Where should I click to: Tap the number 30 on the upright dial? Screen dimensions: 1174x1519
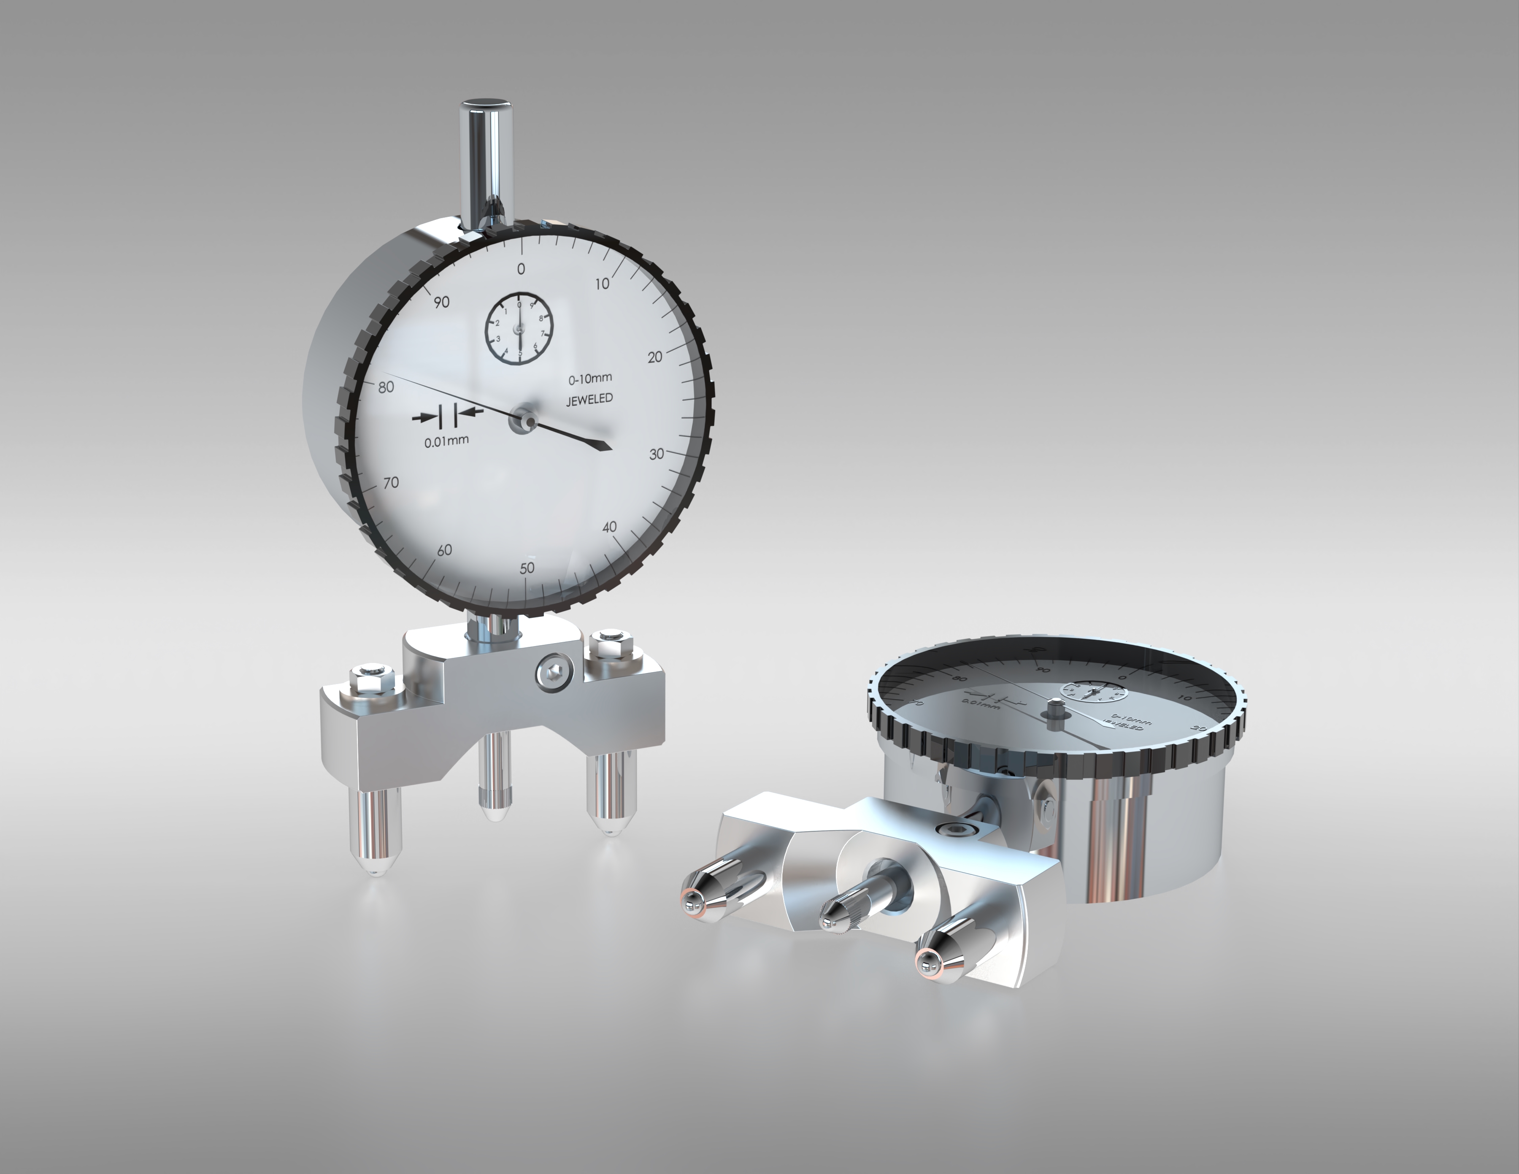tap(656, 454)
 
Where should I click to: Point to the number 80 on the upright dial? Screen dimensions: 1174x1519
tap(385, 387)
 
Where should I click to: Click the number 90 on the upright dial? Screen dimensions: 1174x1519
tap(441, 301)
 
